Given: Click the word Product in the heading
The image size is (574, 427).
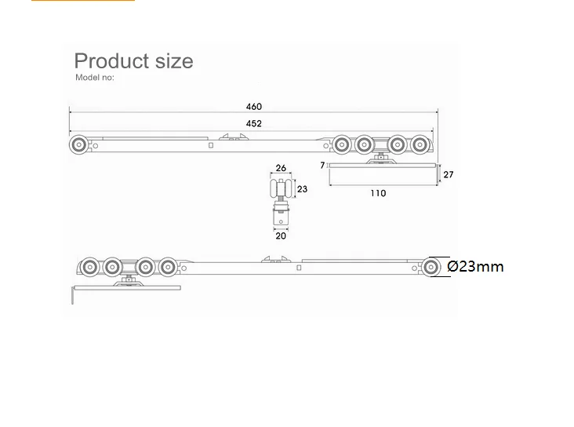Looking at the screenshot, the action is coord(111,61).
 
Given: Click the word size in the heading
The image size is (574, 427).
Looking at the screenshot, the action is coord(174,61).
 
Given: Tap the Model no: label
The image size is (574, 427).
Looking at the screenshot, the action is coord(95,78).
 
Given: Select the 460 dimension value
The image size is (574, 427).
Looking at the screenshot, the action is coord(254,107).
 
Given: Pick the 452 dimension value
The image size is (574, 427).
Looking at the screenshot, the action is coord(254,123).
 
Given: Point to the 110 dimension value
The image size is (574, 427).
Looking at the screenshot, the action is coord(378,193).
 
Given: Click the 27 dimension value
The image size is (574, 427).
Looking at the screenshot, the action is coord(449,174).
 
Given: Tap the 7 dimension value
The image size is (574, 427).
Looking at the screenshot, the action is coord(322,166).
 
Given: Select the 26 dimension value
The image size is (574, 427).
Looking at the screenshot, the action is coord(281,168).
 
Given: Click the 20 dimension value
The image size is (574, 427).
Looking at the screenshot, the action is coord(281,235).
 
